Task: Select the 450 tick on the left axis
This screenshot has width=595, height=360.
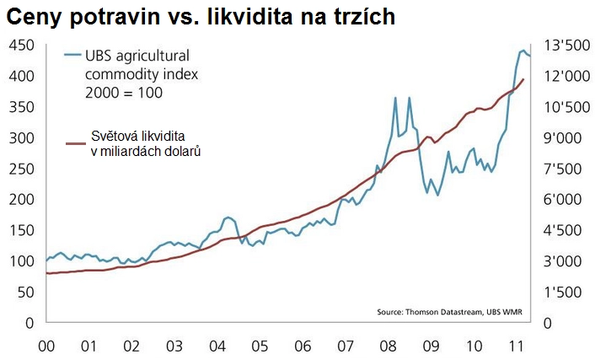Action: pyautogui.click(x=20, y=45)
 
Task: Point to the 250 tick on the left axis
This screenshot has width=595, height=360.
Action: pyautogui.click(x=20, y=169)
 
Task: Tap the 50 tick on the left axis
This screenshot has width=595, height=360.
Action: pyautogui.click(x=24, y=292)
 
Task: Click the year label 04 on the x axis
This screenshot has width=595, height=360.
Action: pyautogui.click(x=216, y=346)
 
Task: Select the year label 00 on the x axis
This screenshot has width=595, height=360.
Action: pyautogui.click(x=46, y=346)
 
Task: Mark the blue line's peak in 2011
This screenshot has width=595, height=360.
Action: pyautogui.click(x=523, y=51)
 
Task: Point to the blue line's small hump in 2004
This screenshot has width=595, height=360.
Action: pyautogui.click(x=228, y=217)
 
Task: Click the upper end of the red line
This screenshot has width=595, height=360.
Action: pyautogui.click(x=524, y=79)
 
